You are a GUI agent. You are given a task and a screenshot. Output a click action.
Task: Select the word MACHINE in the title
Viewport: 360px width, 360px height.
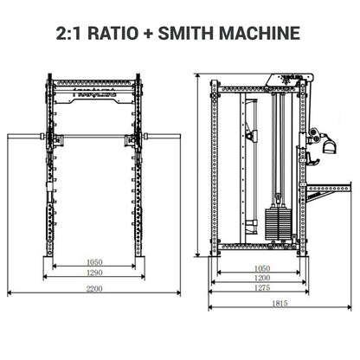point(267,34)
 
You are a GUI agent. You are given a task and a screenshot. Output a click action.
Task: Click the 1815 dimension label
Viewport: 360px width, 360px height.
point(278,304)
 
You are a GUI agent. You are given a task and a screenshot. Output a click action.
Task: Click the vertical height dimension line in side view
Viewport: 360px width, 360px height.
point(202,169)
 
